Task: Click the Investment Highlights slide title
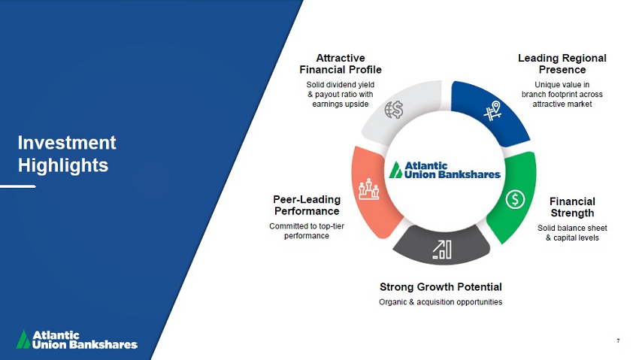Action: pos(67,154)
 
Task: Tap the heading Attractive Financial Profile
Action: pos(341,64)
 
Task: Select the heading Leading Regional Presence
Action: pos(562,64)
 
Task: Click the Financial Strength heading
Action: pos(572,207)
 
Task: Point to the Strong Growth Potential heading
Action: pos(441,287)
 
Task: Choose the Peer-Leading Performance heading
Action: pos(307,205)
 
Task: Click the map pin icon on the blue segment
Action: pos(492,111)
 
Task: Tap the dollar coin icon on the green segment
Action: pos(515,200)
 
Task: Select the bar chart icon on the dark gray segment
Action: pos(442,250)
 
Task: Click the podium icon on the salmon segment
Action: pos(369,189)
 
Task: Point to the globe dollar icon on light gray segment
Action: pos(394,110)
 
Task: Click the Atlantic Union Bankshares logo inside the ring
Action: pos(444,170)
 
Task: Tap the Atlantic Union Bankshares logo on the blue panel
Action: pos(77,340)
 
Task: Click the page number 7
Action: pos(618,340)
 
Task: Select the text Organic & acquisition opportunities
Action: pos(441,302)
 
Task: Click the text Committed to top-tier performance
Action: pos(307,231)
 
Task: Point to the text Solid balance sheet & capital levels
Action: pos(572,233)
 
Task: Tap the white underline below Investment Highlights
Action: pos(18,186)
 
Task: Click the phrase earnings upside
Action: pos(341,104)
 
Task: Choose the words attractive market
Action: pos(562,104)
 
